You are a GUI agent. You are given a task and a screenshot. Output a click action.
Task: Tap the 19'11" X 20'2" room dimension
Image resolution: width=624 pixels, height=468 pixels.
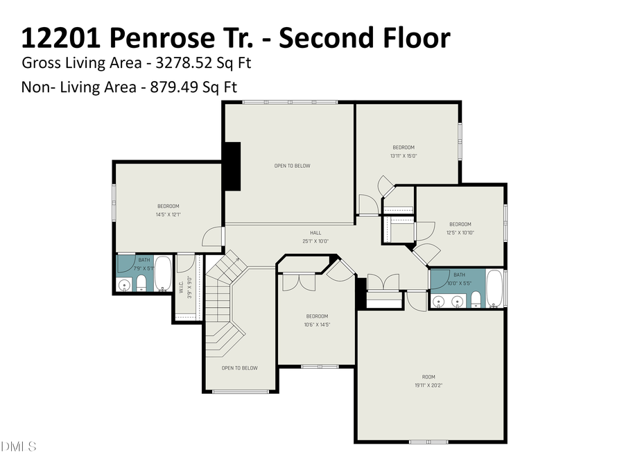tap(428, 385)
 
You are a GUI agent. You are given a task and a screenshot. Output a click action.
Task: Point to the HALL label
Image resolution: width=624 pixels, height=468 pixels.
tap(315, 233)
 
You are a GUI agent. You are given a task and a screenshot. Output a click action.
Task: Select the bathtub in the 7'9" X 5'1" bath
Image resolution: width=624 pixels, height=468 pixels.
tap(163, 275)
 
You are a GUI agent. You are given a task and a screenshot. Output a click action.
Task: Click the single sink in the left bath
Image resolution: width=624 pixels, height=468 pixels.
tap(126, 284)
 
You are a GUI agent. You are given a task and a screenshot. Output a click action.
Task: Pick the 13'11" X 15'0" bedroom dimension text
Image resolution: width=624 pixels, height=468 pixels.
tap(404, 156)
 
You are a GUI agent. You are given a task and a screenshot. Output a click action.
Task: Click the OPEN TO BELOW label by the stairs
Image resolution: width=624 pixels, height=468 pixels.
tap(239, 368)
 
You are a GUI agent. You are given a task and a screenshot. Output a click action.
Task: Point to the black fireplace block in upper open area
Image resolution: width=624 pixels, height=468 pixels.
tap(231, 166)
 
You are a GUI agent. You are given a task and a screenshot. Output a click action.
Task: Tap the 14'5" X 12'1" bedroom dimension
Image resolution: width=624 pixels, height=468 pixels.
tap(168, 215)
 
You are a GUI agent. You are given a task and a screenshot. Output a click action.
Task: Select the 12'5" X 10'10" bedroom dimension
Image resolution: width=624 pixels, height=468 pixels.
tap(460, 233)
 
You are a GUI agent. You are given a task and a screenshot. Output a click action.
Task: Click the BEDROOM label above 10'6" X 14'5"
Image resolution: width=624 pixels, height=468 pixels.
tap(317, 316)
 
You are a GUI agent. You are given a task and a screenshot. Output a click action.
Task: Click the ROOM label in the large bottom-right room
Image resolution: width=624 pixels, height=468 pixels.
tap(428, 376)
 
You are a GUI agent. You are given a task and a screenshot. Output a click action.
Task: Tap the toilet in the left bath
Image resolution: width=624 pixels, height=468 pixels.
tap(141, 283)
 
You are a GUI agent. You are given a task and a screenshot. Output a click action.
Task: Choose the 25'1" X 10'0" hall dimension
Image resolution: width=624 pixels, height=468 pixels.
tap(315, 241)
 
